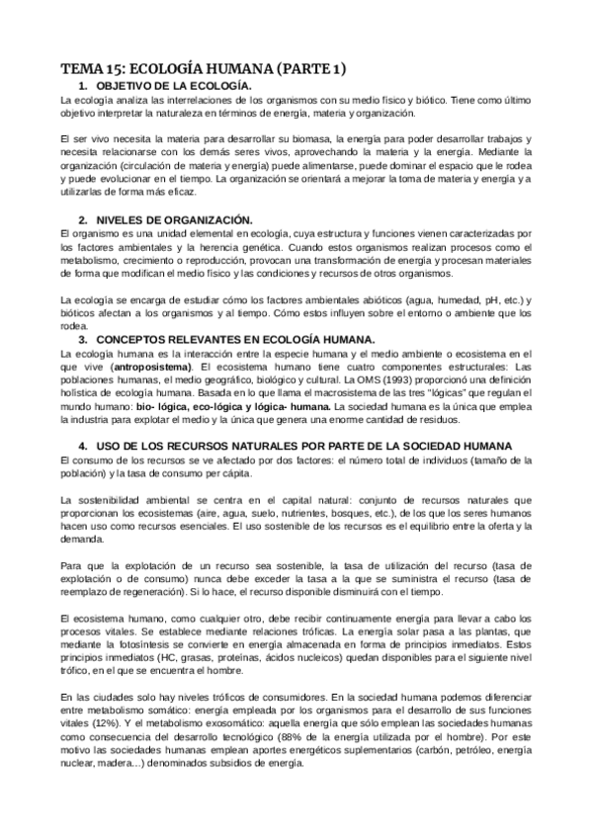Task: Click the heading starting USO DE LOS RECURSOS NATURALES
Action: tap(306, 446)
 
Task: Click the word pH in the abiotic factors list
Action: tap(464, 298)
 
